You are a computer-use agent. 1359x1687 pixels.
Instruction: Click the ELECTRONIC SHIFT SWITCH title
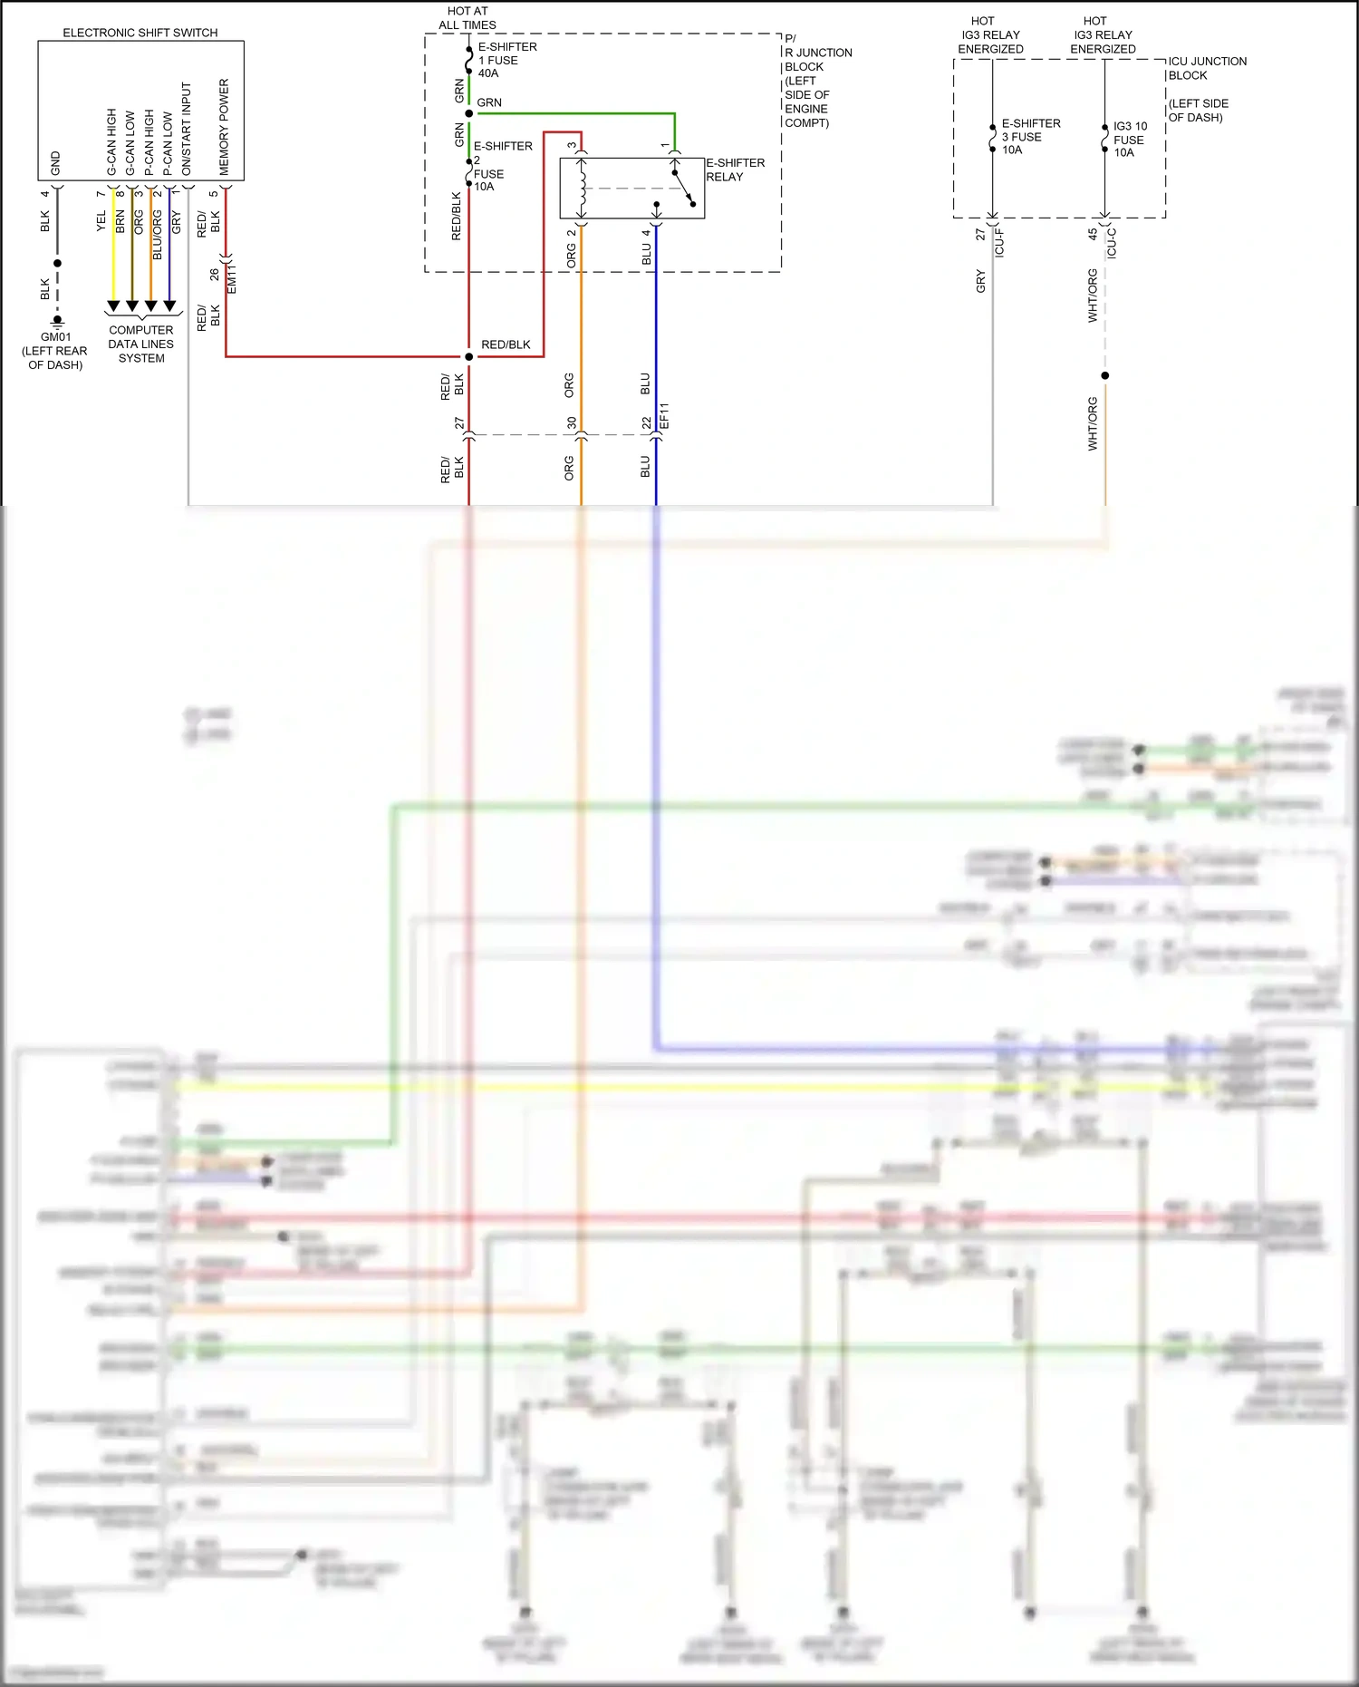[140, 33]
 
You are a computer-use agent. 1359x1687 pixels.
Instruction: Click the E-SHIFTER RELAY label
[735, 170]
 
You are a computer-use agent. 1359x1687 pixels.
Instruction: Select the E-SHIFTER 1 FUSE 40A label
[506, 60]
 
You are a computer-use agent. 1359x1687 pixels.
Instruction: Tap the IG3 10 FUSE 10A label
[1129, 140]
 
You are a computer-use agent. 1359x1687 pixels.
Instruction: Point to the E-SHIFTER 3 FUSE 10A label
[1029, 137]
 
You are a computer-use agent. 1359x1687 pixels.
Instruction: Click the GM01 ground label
[55, 337]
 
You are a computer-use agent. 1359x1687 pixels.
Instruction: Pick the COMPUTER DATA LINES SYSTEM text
[141, 344]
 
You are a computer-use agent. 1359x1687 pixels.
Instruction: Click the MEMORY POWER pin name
[224, 127]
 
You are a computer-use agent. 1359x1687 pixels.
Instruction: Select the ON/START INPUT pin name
[187, 129]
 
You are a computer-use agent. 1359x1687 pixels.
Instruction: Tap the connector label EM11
[232, 279]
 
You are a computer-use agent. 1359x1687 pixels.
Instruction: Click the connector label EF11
[664, 416]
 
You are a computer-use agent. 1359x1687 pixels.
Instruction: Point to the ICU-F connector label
[1000, 243]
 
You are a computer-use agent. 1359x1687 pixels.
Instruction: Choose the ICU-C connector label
[1112, 243]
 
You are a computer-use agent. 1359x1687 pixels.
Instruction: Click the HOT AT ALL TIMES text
[467, 18]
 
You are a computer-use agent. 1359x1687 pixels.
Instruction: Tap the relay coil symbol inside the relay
[583, 189]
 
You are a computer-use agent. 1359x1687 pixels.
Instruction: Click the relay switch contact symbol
[684, 188]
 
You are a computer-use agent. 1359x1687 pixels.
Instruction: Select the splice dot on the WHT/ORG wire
[1105, 375]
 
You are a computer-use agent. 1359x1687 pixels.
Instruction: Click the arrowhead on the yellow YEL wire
[113, 306]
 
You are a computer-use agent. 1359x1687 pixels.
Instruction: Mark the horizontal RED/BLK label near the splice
[506, 344]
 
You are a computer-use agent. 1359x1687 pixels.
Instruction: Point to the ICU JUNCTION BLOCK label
[1206, 68]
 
